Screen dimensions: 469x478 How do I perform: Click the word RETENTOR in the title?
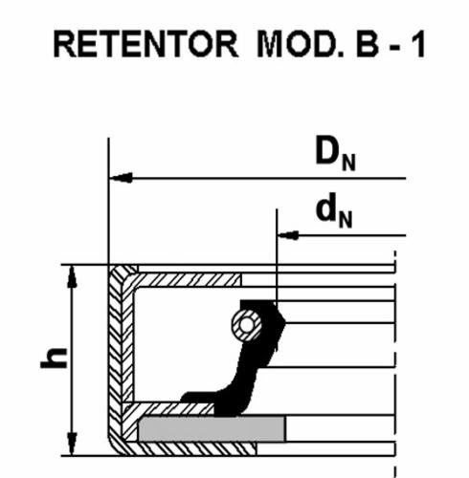click(145, 44)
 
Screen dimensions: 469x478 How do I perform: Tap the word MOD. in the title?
click(300, 44)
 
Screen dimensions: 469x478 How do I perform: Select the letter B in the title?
click(367, 44)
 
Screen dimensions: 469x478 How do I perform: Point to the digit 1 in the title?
click(417, 44)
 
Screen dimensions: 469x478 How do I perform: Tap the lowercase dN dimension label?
click(334, 210)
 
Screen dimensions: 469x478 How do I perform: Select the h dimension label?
click(54, 358)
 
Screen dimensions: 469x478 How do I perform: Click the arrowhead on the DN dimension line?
click(122, 178)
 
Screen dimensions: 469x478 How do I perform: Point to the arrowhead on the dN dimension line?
click(288, 235)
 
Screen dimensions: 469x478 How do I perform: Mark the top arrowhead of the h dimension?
click(73, 277)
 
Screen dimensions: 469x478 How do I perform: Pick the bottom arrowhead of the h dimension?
click(73, 444)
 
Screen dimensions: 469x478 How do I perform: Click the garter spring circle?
click(247, 325)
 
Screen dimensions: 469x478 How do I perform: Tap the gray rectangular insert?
click(212, 429)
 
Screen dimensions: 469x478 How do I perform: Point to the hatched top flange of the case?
click(189, 280)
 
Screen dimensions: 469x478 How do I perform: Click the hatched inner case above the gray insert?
click(169, 409)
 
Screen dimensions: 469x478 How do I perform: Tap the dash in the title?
click(394, 47)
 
